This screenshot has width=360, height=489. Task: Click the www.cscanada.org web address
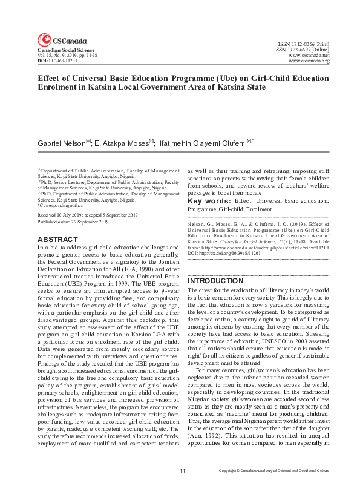click(x=309, y=61)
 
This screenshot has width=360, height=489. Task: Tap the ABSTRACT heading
click(x=58, y=239)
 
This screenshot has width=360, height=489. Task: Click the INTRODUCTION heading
click(x=215, y=281)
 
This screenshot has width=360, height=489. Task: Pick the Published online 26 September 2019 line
click(x=73, y=222)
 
